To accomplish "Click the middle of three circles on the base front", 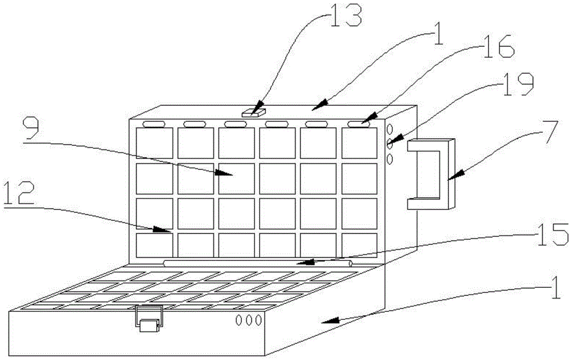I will point(249,320).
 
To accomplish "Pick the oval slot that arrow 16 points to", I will point(358,124).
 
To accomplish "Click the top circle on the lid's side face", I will point(391,130).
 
